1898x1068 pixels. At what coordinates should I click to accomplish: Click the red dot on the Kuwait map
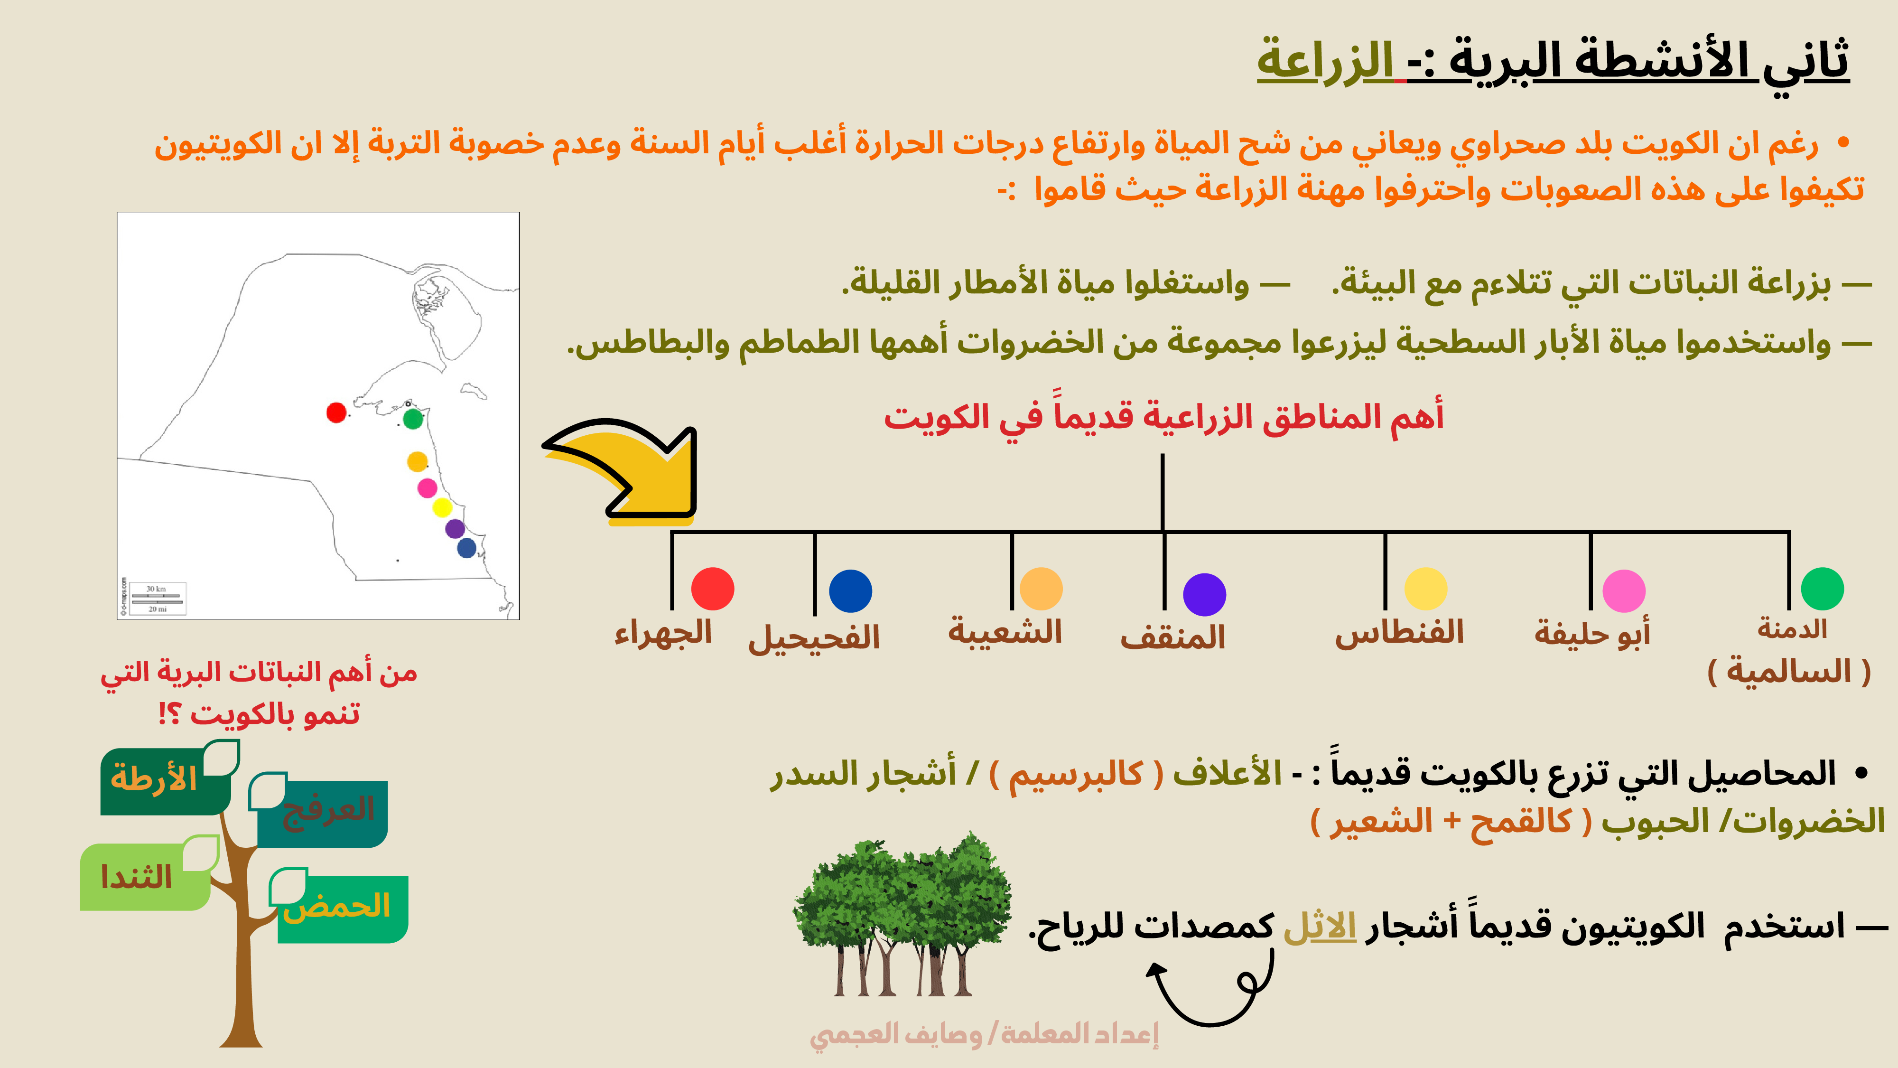coord(336,413)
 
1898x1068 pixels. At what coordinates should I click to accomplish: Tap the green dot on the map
coord(413,419)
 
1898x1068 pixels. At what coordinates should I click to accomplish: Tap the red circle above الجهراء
coord(713,588)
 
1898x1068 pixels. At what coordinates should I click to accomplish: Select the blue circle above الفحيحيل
coord(850,591)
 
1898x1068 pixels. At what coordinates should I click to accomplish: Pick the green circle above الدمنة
coord(1822,588)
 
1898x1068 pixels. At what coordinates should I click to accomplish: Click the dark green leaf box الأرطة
coord(166,780)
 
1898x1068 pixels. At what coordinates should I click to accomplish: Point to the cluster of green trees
coord(902,914)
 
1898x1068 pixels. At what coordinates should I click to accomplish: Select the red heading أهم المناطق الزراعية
coord(1163,416)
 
